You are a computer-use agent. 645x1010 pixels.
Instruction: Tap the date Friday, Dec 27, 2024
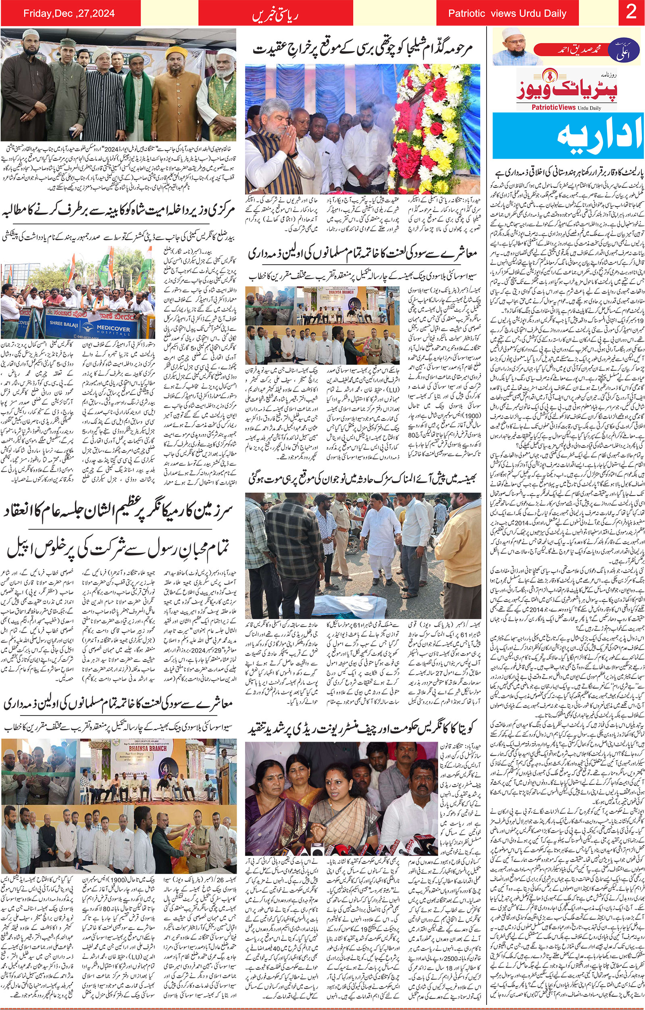pyautogui.click(x=69, y=13)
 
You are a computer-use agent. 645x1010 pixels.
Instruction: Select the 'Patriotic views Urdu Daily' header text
pyautogui.click(x=507, y=13)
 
